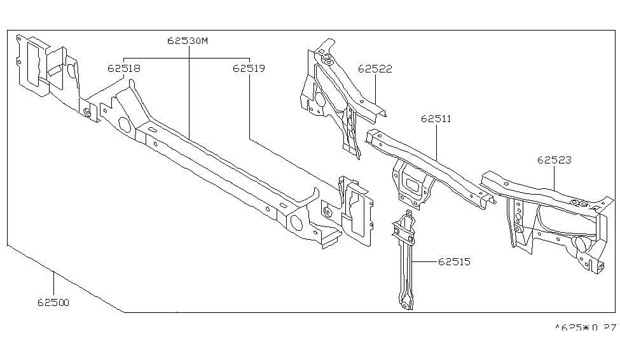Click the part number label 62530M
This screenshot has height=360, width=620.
click(188, 40)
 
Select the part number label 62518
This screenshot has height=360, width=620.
click(124, 67)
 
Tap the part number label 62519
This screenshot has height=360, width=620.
click(249, 67)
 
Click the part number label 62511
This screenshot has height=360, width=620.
click(436, 118)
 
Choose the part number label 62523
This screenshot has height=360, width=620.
click(554, 160)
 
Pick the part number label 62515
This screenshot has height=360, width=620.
click(453, 261)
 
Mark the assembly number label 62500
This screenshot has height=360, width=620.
click(53, 303)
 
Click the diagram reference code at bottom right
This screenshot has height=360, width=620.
click(585, 329)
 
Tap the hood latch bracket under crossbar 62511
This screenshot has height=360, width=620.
click(412, 183)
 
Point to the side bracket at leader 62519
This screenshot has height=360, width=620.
click(353, 210)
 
